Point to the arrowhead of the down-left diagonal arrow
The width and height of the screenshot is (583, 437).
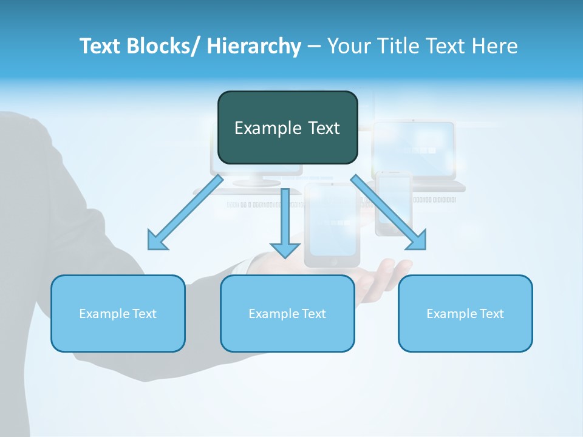[156, 242]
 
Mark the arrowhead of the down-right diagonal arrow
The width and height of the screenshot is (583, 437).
[418, 241]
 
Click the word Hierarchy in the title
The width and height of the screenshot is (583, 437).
[254, 46]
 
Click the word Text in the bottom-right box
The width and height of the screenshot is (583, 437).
[491, 314]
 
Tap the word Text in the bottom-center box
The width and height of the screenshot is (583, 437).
[313, 314]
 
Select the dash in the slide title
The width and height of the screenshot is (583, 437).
[314, 47]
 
